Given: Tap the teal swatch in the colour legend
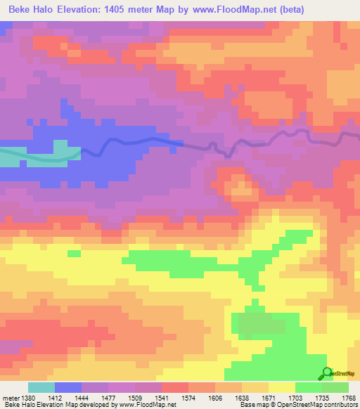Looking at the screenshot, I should (x=41, y=387).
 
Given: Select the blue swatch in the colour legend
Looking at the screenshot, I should (x=68, y=387).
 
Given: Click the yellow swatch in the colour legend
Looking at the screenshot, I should (x=281, y=387).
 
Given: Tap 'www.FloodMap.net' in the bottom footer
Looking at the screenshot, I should (x=147, y=405).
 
